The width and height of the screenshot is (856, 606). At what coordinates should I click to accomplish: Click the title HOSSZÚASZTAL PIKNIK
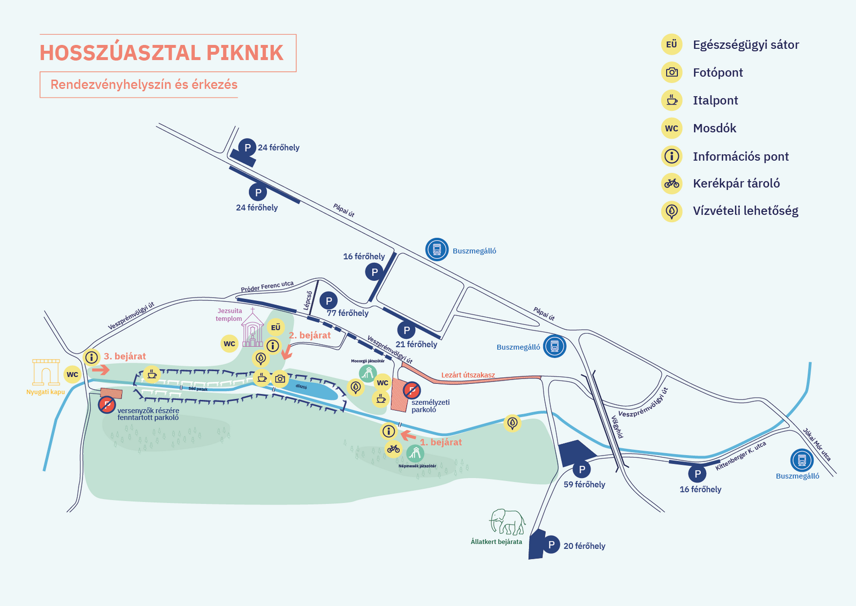[x=162, y=53]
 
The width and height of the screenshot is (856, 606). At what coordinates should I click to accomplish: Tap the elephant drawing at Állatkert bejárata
[x=507, y=521]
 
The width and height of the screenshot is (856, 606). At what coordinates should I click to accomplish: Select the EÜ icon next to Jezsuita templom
[x=276, y=328]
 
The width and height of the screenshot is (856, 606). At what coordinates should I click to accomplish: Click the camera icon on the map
[x=280, y=379]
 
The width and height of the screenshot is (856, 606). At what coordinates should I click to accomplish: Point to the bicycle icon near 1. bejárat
[x=394, y=449]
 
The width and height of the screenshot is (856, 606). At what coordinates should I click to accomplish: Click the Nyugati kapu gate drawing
[x=45, y=372]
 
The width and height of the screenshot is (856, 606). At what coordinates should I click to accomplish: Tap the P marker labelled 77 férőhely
[x=328, y=301]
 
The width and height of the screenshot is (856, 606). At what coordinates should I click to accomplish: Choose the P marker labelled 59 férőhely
[x=582, y=469]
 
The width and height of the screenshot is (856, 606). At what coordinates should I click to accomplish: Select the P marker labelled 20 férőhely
[x=551, y=545]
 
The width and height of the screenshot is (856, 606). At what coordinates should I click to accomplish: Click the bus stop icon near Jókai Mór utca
[x=801, y=460]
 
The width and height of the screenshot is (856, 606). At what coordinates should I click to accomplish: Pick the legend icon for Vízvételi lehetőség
[x=671, y=211]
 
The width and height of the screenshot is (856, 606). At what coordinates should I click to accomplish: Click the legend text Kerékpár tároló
[x=736, y=184]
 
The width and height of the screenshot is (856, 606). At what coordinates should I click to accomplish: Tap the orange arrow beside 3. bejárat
[x=100, y=369]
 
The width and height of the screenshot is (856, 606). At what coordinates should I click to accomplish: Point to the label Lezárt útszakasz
[x=468, y=375]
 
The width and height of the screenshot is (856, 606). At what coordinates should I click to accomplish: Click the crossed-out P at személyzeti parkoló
[x=411, y=390]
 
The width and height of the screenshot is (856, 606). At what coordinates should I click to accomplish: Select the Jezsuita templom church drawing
[x=253, y=329]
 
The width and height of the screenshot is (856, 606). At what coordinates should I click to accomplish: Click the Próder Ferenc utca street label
[x=267, y=287]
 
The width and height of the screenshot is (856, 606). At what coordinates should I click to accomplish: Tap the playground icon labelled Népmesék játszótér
[x=415, y=454]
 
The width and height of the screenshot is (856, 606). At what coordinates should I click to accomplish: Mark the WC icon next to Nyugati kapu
[x=72, y=374]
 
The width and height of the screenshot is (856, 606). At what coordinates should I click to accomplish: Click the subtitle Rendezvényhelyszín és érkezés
[x=144, y=85]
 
